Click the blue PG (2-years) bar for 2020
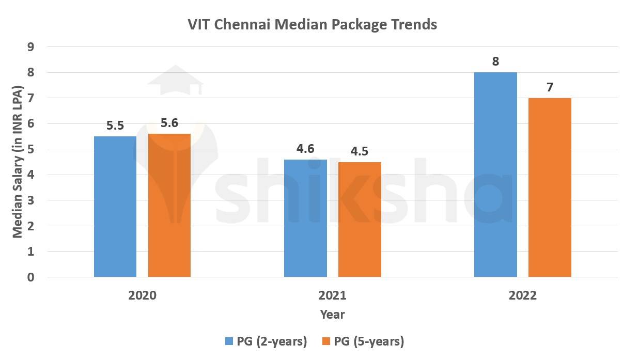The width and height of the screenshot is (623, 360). click(115, 207)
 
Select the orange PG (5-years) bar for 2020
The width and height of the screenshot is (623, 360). click(169, 206)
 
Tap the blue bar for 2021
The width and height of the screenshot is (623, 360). click(306, 218)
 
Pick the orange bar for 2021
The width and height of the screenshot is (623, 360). click(360, 220)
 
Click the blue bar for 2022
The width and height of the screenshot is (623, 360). click(495, 175)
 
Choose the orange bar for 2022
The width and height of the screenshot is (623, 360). click(550, 187)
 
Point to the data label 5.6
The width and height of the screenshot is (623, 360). click(169, 123)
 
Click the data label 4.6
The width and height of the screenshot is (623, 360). click(306, 149)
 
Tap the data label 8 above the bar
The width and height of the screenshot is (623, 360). click(495, 61)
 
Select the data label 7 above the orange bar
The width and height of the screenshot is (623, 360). click(550, 87)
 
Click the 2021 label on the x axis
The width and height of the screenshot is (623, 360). click(333, 296)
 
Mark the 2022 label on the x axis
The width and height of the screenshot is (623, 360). click(522, 296)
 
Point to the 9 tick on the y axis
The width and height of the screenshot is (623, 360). click(31, 47)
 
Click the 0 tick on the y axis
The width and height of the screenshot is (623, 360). click(31, 277)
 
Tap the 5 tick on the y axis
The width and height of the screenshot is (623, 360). click(31, 149)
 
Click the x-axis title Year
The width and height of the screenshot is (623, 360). click(333, 314)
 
